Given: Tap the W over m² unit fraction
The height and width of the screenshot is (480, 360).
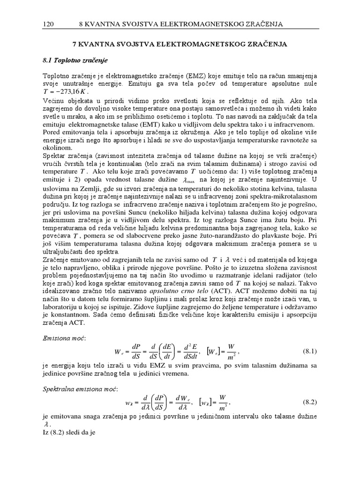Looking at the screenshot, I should (x=231, y=351).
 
